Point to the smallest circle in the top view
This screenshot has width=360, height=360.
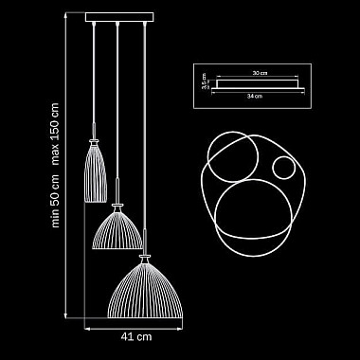point(282,171)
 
